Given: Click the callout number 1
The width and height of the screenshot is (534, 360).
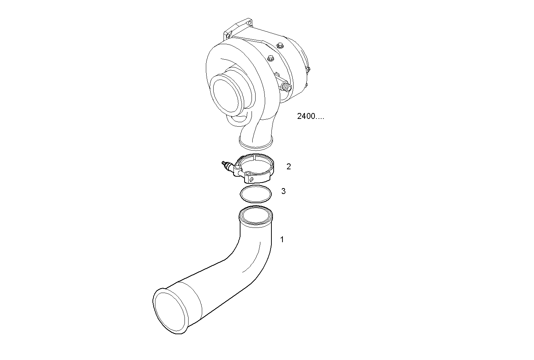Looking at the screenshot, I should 282,240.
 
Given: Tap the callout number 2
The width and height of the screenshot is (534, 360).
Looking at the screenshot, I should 289,167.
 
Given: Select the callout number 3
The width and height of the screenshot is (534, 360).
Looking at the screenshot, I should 283,191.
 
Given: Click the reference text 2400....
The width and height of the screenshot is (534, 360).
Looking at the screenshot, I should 310,116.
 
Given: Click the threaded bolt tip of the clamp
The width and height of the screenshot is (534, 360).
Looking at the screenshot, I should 223,163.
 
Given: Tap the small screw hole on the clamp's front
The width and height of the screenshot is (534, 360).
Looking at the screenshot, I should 252,180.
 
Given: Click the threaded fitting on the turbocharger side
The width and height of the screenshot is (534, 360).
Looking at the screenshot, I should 285,88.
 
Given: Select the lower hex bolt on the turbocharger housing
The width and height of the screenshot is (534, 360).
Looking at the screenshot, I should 270,58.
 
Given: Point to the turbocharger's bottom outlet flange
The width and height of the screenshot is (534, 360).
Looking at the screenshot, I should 256,143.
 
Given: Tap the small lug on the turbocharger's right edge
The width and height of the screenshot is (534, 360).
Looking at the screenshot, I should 308,69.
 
